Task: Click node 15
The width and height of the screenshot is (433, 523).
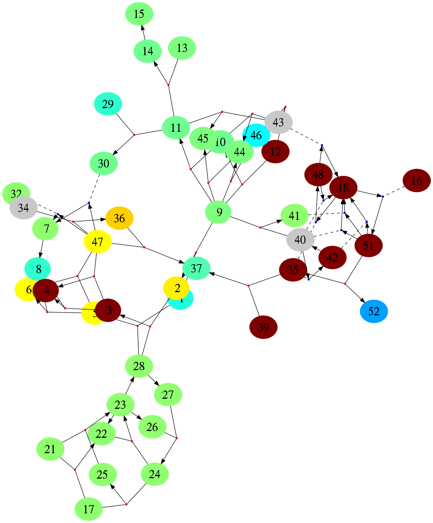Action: point(139,14)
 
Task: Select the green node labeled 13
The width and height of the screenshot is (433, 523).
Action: point(182,48)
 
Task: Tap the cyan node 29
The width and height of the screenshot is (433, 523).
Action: point(108,104)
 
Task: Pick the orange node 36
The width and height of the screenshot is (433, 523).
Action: point(119,218)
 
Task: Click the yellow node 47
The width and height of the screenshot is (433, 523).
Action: point(97,242)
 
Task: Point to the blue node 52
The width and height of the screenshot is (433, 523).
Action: point(374,311)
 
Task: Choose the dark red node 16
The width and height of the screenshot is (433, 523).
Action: point(417,180)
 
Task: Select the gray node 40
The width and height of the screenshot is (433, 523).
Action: point(300,239)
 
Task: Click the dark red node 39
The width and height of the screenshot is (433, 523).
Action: point(263,327)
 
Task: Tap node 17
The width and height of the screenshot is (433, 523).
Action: point(88,509)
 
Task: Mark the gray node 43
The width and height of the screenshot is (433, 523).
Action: point(278,122)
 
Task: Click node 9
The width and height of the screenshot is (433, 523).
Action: point(219,212)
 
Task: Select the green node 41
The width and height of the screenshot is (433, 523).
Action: point(294,216)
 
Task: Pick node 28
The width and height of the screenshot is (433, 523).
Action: point(139,366)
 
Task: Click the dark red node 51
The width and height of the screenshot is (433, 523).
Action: point(368,245)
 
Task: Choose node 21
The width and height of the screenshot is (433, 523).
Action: point(50,449)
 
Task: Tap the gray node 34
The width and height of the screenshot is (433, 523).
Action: point(23,207)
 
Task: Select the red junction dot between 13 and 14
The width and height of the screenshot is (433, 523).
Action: point(168,85)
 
